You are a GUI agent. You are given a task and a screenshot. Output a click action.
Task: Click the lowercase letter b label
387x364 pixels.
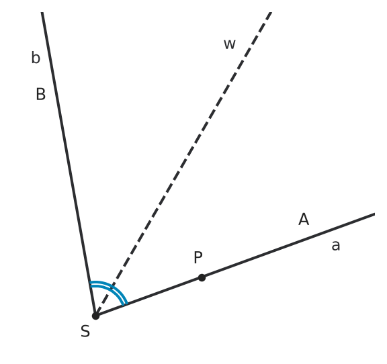(x=36, y=58)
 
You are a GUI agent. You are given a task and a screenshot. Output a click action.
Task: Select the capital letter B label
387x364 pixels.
(x=41, y=94)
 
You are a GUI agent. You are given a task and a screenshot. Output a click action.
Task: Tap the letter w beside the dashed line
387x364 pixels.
(x=230, y=44)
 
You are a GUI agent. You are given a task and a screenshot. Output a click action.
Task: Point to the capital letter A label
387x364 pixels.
(x=304, y=219)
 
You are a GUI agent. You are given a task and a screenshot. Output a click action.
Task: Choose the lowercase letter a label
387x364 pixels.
(x=336, y=246)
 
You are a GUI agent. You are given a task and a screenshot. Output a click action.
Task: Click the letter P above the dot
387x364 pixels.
(x=198, y=257)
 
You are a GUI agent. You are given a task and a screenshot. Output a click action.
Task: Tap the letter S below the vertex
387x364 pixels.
(x=85, y=331)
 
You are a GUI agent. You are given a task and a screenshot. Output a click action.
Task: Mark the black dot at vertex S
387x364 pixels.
(x=95, y=316)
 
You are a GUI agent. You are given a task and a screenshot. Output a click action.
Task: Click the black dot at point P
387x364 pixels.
(x=202, y=277)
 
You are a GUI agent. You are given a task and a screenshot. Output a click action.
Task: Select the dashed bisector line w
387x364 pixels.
(x=183, y=164)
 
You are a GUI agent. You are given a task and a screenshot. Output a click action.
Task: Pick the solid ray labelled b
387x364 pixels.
(x=69, y=164)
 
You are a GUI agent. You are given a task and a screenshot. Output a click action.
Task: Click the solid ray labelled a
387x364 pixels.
(x=235, y=265)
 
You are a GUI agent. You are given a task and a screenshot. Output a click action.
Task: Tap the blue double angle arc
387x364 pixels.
(x=112, y=287)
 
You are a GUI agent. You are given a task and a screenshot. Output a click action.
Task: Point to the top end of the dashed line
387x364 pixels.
(x=271, y=12)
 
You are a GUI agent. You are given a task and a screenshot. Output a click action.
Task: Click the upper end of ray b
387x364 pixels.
(x=42, y=12)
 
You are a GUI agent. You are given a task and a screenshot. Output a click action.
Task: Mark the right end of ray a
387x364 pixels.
(x=375, y=214)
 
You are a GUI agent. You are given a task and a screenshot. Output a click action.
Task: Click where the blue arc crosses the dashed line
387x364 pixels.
(x=112, y=287)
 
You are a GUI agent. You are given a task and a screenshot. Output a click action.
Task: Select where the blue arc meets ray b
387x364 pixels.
(x=90, y=284)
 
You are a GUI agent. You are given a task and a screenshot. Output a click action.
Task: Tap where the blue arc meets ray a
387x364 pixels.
(x=126, y=304)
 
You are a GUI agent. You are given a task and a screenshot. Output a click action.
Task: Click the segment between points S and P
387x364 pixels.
(x=148, y=297)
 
